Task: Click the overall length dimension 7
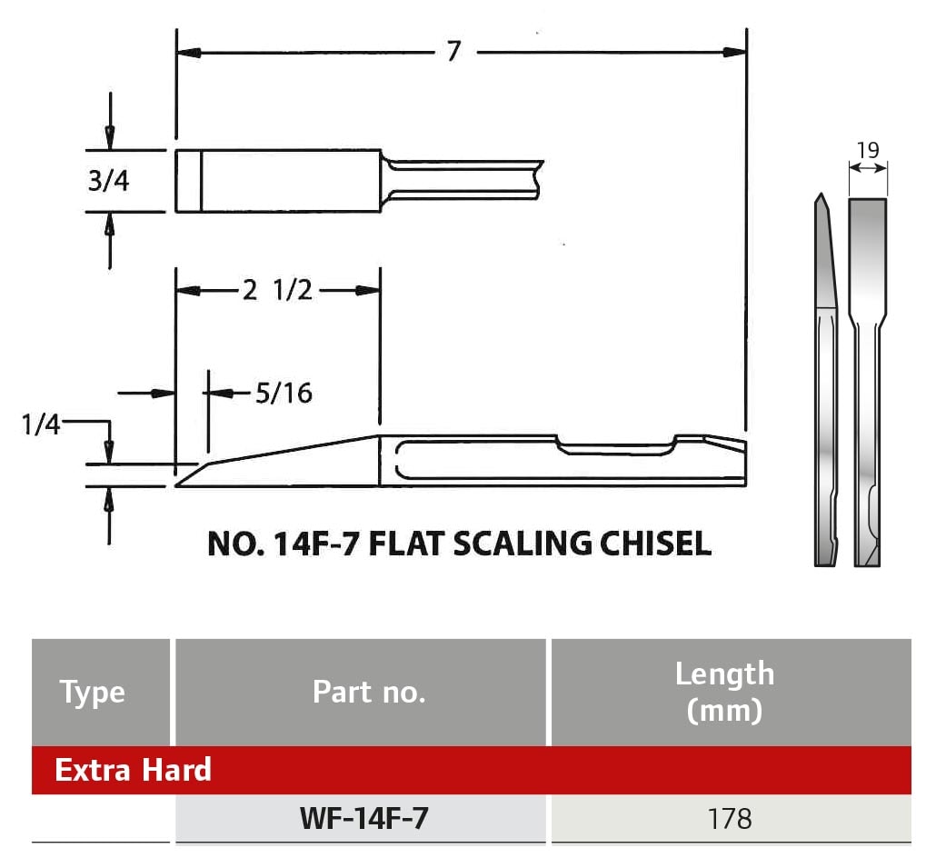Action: tap(453, 52)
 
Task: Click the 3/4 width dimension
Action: tap(109, 181)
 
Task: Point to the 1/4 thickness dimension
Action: tap(41, 424)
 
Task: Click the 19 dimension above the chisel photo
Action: tap(868, 150)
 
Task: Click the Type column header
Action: tap(93, 693)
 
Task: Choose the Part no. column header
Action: tap(368, 693)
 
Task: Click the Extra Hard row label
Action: tap(133, 770)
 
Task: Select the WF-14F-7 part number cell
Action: tap(363, 819)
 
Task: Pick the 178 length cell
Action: tap(730, 819)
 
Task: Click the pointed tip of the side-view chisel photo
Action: tap(821, 196)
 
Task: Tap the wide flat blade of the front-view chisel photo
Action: tap(868, 254)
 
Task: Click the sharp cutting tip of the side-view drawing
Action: tap(179, 484)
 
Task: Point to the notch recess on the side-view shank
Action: tap(618, 445)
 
